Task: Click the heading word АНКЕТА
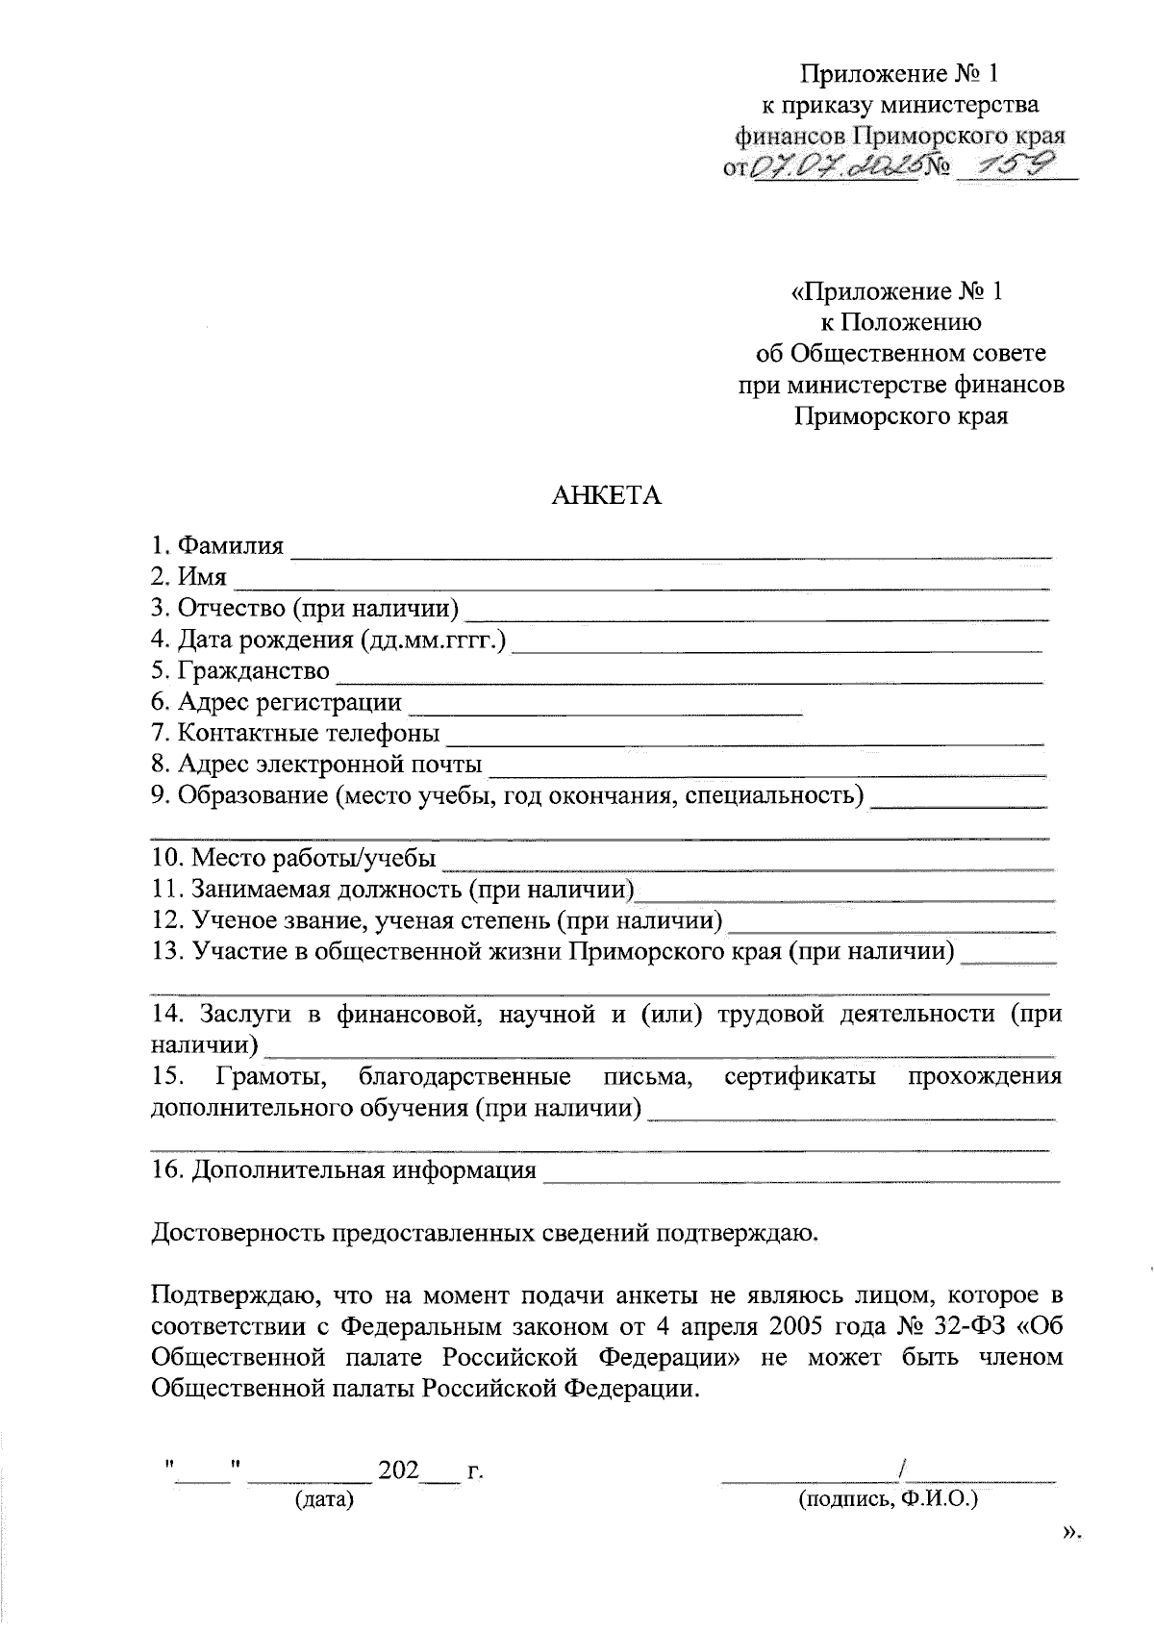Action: [606, 496]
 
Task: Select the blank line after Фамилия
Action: [670, 553]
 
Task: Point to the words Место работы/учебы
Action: [314, 858]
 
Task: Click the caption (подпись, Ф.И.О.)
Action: [887, 1499]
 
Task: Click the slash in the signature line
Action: [901, 1470]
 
